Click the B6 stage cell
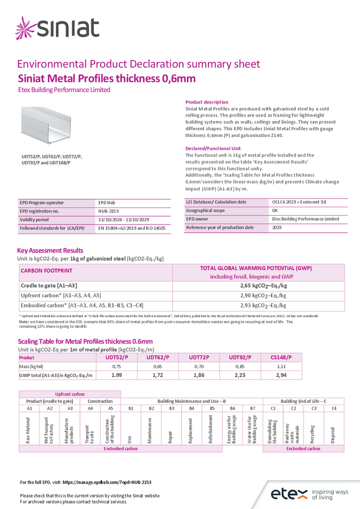coord(232,408)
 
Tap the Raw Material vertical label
coord(29,430)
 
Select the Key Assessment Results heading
coord(50,250)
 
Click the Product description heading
coord(207,102)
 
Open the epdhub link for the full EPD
coord(106,482)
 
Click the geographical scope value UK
coord(275,211)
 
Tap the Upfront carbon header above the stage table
coord(70,394)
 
